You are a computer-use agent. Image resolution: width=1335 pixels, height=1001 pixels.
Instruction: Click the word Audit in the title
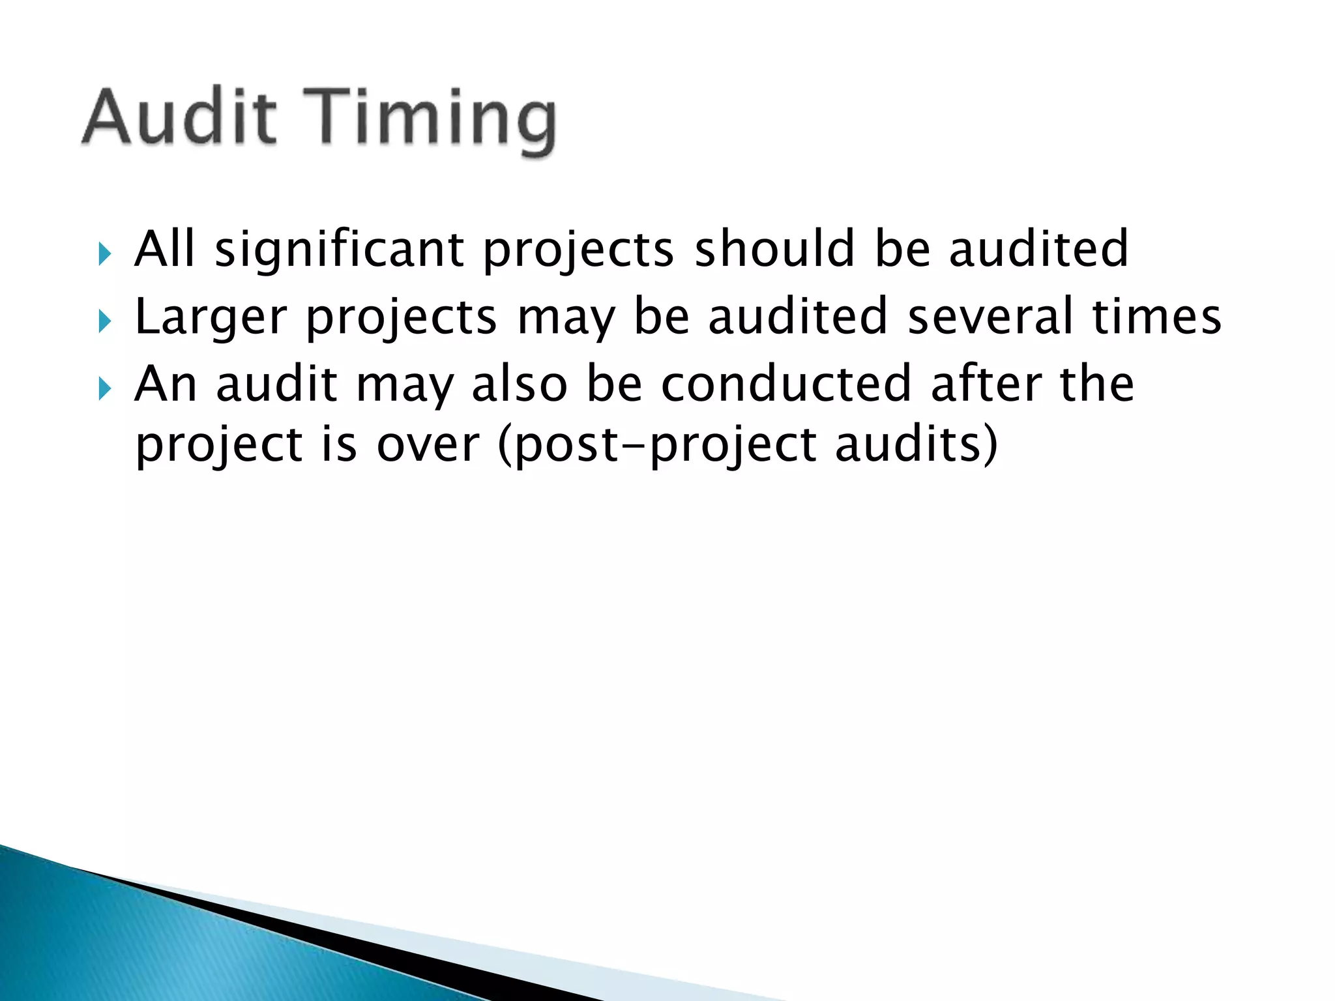[x=179, y=117]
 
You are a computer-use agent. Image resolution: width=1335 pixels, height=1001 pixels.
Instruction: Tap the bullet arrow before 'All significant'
[x=104, y=254]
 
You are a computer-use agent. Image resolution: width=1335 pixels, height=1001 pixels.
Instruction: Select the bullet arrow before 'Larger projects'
[x=104, y=321]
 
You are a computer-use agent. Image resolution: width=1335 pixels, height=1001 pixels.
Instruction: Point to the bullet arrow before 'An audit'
[x=104, y=389]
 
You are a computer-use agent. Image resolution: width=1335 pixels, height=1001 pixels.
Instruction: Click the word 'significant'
[x=339, y=251]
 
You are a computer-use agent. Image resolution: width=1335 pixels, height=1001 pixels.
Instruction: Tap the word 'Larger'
[x=210, y=319]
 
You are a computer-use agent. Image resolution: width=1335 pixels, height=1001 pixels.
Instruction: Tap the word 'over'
[x=428, y=446]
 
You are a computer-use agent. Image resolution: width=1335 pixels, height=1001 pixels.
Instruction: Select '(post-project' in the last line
[x=657, y=447]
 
